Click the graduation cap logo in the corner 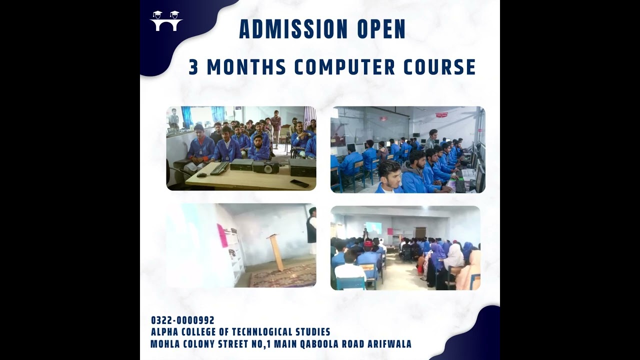[166, 21]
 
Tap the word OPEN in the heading [381, 29]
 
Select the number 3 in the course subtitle [193, 67]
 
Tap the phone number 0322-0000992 [182, 320]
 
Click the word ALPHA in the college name [165, 332]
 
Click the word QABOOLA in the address [312, 344]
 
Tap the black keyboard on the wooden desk [219, 168]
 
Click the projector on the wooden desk [265, 167]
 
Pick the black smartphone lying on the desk [299, 183]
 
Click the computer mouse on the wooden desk [201, 175]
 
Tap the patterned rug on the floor [282, 275]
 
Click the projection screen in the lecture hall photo [373, 228]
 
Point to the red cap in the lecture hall [368, 243]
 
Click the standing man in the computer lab [431, 138]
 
